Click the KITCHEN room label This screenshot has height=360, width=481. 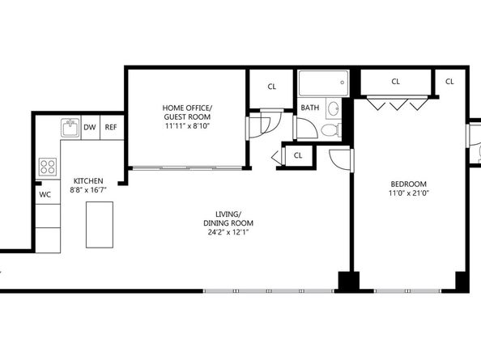pos(87,180)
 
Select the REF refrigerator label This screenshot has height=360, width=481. pos(111,127)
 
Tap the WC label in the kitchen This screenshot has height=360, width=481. pos(45,195)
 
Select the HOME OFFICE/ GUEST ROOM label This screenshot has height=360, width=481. pos(187,112)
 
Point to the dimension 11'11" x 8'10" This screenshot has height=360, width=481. pos(187,126)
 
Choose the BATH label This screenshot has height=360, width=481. pos(309,108)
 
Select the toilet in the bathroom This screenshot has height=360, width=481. pos(328,130)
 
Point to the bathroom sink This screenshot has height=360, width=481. pos(333,108)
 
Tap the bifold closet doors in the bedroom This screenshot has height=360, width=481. pos(395,104)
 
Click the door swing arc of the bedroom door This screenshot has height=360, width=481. pos(343,159)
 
